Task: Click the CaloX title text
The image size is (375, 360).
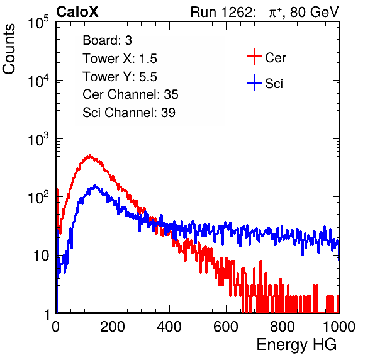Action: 77,12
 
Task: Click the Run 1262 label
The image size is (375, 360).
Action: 221,12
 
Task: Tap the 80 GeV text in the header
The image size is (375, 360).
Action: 314,12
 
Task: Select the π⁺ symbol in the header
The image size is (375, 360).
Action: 275,12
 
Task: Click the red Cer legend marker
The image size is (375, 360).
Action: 254,57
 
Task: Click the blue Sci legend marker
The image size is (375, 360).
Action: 254,82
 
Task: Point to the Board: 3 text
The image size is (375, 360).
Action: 107,40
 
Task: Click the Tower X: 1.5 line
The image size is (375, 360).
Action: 120,59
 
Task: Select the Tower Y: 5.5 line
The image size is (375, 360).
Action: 120,77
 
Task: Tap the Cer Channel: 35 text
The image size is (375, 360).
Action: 130,94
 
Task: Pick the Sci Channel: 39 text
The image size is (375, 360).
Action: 129,113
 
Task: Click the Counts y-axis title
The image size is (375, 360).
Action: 9,49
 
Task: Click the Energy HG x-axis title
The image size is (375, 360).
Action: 296,345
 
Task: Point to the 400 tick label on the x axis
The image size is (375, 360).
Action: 169,327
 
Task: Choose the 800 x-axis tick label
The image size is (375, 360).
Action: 283,327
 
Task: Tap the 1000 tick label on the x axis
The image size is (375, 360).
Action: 339,327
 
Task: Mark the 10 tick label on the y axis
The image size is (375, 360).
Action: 42,256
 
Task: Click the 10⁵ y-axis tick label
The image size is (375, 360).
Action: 38,22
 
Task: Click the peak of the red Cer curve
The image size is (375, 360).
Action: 90,155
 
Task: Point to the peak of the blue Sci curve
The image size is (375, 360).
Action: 95,186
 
